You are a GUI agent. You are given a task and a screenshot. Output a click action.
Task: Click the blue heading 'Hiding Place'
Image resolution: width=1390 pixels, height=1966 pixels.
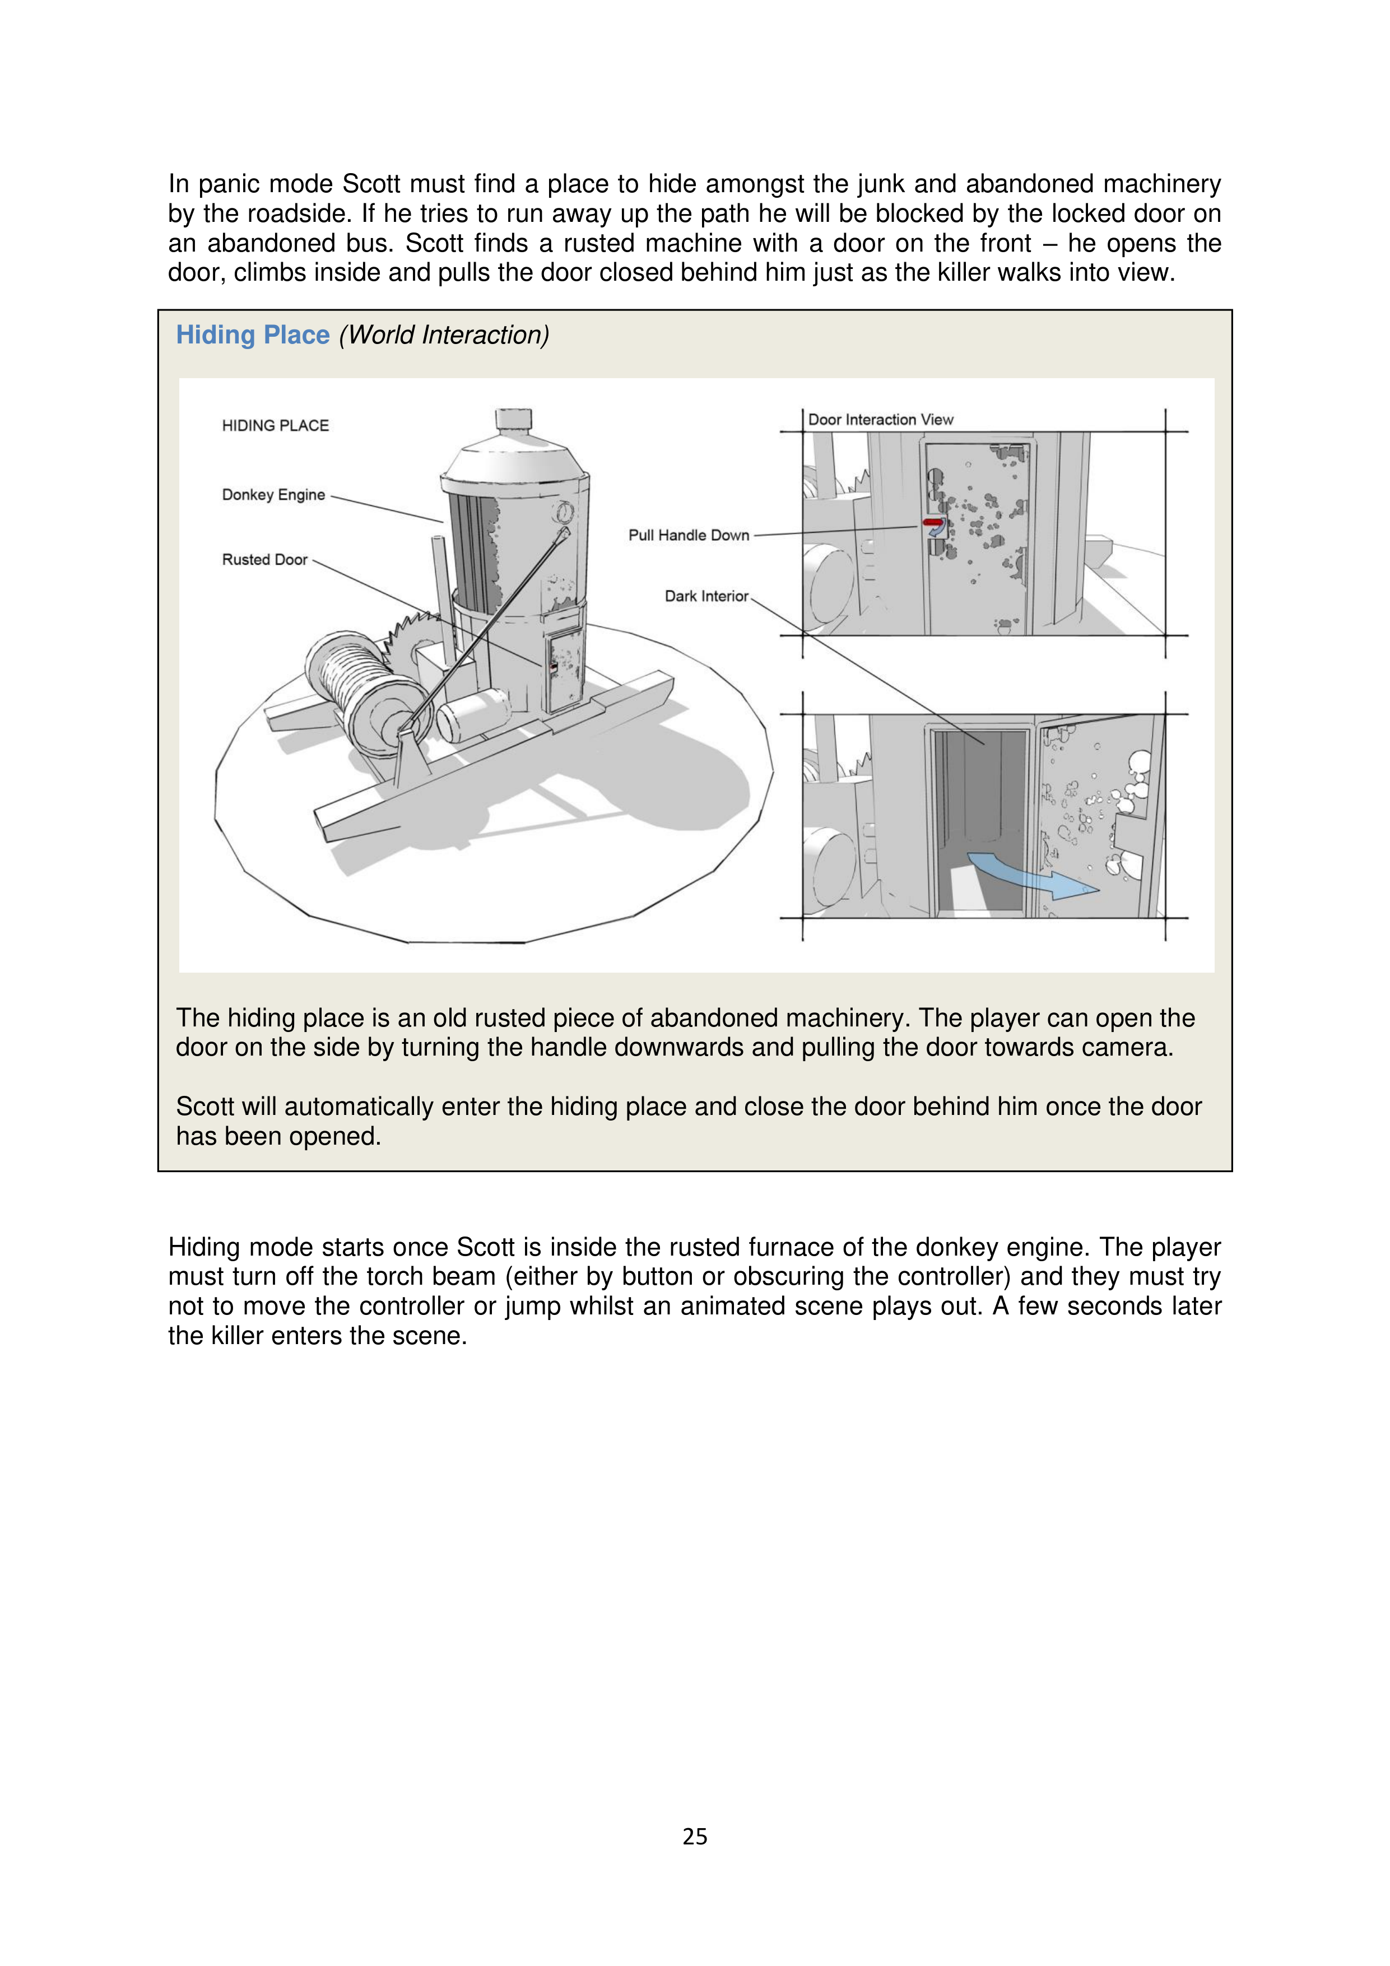click(253, 335)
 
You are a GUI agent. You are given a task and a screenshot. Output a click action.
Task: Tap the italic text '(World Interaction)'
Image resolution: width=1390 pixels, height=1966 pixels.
click(444, 335)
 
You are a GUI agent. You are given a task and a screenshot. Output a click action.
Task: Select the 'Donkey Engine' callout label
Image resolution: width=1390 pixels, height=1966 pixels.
click(273, 495)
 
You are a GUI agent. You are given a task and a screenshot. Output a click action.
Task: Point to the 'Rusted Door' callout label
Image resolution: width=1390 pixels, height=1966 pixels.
click(264, 560)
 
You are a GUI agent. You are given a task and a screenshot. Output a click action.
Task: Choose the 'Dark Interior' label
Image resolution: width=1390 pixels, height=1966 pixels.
click(706, 597)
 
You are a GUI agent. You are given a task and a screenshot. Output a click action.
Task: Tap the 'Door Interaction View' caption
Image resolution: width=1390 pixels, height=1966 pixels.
click(880, 420)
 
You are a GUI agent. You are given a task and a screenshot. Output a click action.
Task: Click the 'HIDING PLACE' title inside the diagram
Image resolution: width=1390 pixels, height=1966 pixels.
click(275, 426)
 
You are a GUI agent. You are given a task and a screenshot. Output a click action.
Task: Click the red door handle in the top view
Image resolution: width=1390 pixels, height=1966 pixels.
click(933, 522)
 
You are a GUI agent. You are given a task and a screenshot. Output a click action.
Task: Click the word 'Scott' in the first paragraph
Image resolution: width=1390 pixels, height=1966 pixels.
click(371, 184)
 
